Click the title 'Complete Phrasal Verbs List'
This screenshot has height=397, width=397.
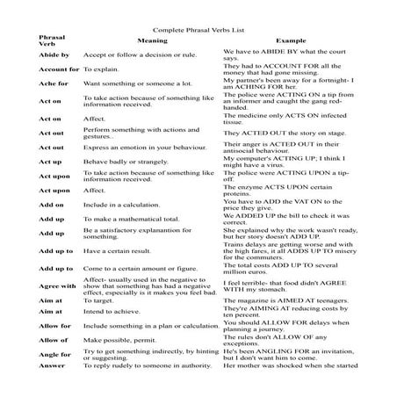pyautogui.click(x=198, y=28)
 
